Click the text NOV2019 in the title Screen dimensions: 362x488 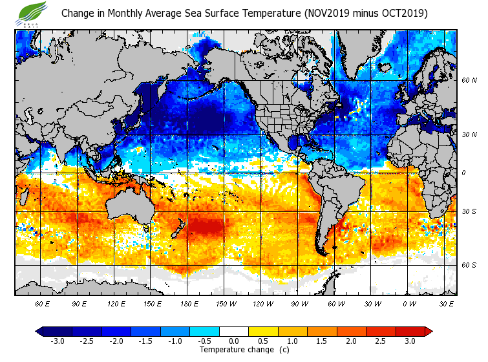click(x=328, y=13)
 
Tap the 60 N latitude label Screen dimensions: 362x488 click(x=469, y=81)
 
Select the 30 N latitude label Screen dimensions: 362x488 click(x=469, y=134)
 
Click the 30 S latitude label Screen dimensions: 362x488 click(x=469, y=211)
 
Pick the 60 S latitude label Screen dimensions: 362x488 click(x=469, y=265)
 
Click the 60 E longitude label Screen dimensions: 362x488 click(x=43, y=303)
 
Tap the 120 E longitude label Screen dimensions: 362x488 click(x=116, y=303)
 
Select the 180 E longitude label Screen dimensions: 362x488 click(x=189, y=303)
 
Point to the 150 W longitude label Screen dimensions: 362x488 click(x=226, y=303)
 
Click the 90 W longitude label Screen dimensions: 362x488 click(x=299, y=303)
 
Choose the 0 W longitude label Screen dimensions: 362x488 click(x=408, y=303)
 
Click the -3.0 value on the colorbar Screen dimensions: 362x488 click(x=57, y=341)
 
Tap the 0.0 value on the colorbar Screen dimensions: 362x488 click(x=234, y=341)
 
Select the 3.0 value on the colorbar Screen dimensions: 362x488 click(x=410, y=341)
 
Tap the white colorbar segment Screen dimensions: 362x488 click(x=234, y=331)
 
